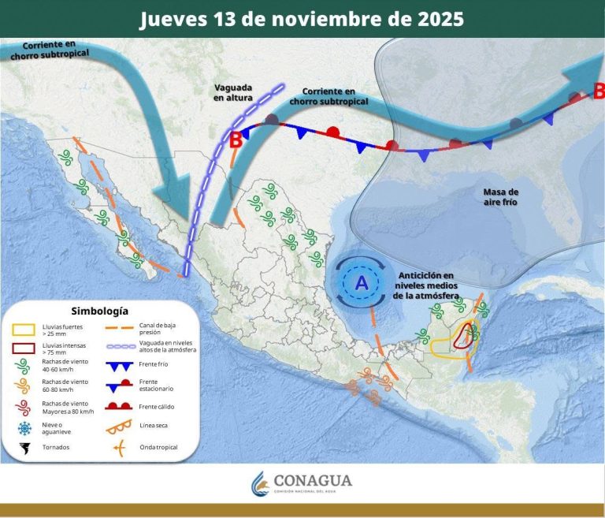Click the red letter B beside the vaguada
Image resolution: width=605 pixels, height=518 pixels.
click(x=235, y=141)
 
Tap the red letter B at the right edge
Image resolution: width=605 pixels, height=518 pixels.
click(x=598, y=91)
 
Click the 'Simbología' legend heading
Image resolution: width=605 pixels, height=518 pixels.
click(x=98, y=311)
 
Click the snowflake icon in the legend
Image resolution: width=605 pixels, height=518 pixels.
click(x=24, y=427)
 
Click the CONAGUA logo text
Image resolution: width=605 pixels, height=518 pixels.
click(x=313, y=481)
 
